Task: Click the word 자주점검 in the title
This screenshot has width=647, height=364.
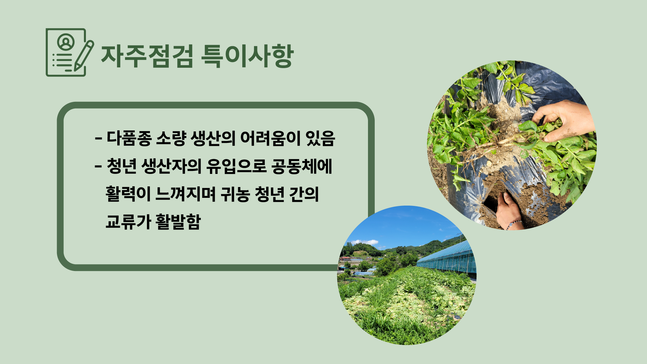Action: tap(147, 56)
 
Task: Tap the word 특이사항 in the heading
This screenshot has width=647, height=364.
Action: tap(247, 56)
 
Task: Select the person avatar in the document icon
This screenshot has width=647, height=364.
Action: tap(66, 42)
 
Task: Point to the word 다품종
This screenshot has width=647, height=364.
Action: tap(129, 138)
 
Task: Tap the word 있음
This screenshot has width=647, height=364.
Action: tap(320, 138)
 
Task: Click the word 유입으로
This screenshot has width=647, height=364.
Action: tap(237, 166)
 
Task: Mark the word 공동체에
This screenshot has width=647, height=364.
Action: tap(302, 166)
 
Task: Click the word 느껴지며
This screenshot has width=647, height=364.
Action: tap(186, 194)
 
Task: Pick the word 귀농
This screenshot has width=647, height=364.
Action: tap(235, 194)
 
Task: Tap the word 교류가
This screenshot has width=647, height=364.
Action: tap(128, 221)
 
